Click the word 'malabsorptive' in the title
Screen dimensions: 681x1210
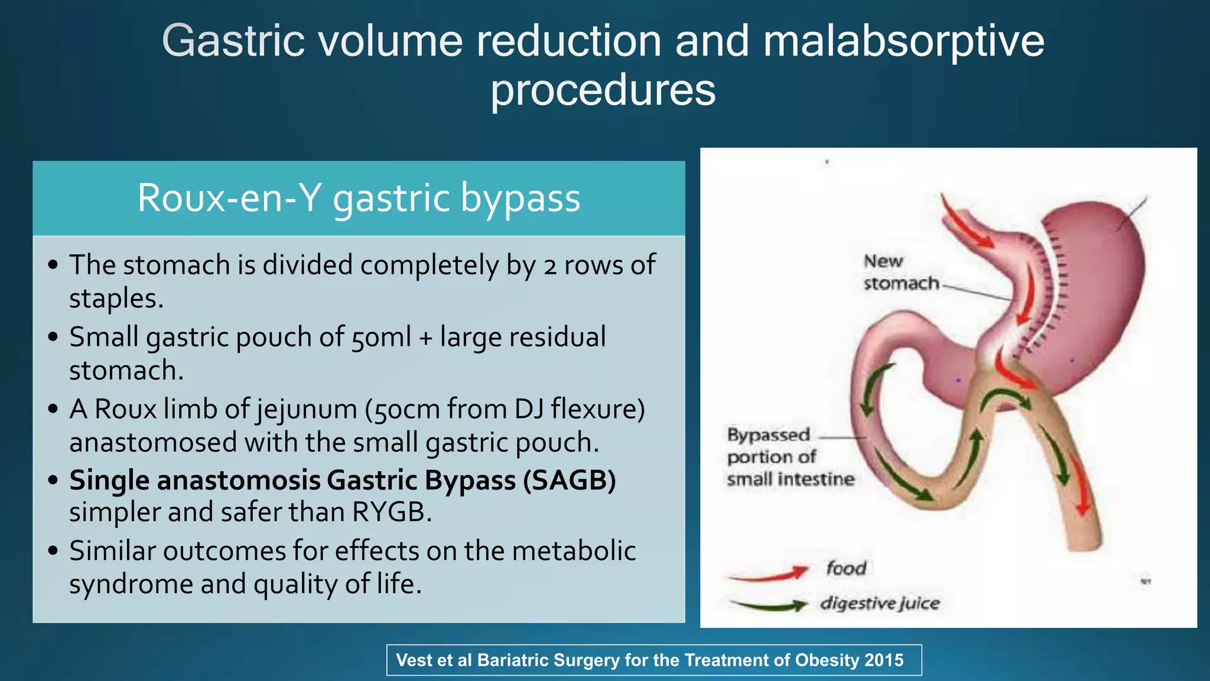pos(903,41)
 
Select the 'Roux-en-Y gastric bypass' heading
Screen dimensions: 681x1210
pos(359,197)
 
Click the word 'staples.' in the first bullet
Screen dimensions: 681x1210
pos(116,298)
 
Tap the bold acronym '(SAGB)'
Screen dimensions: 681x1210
pos(569,480)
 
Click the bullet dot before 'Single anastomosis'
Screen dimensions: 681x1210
pos(53,480)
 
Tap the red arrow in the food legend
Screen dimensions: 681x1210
pos(768,573)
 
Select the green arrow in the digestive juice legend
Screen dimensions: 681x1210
pos(768,605)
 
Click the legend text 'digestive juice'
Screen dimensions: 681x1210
pos(879,604)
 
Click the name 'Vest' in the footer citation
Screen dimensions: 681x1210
pos(415,660)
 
